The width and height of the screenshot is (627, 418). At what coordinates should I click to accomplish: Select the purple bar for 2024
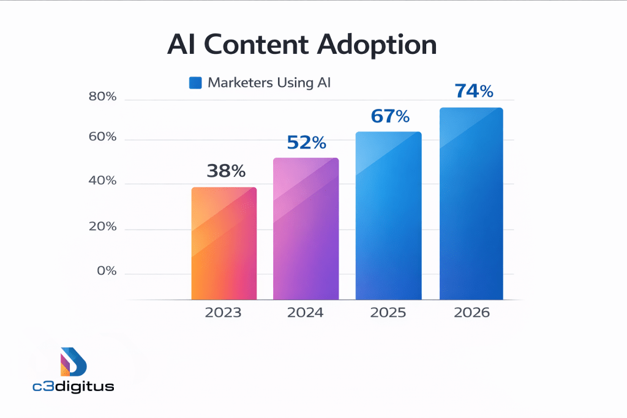coord(306,229)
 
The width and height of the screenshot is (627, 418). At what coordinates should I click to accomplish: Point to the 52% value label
coord(307,143)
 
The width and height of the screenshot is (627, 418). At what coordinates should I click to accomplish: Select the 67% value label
coord(389,116)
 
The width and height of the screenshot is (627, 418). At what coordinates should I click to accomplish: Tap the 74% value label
coord(473,91)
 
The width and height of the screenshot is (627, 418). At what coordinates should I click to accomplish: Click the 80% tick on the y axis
coord(102,97)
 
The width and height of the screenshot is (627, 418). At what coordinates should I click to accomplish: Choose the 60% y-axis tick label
coord(102,136)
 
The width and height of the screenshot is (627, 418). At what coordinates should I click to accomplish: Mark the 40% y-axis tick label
coord(102,181)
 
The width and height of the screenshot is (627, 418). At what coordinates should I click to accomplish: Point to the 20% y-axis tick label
coord(102,226)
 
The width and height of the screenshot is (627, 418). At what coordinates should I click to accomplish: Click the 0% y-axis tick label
coord(107,271)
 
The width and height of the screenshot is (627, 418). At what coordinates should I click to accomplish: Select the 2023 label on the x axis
coord(223,313)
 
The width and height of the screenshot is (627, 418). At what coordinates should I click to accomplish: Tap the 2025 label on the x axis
coord(388,313)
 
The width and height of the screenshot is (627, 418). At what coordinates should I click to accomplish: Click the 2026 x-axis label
coord(471,313)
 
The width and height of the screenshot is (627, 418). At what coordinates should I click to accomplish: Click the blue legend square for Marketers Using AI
coord(195,83)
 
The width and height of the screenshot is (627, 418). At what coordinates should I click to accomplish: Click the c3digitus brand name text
coord(73,387)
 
